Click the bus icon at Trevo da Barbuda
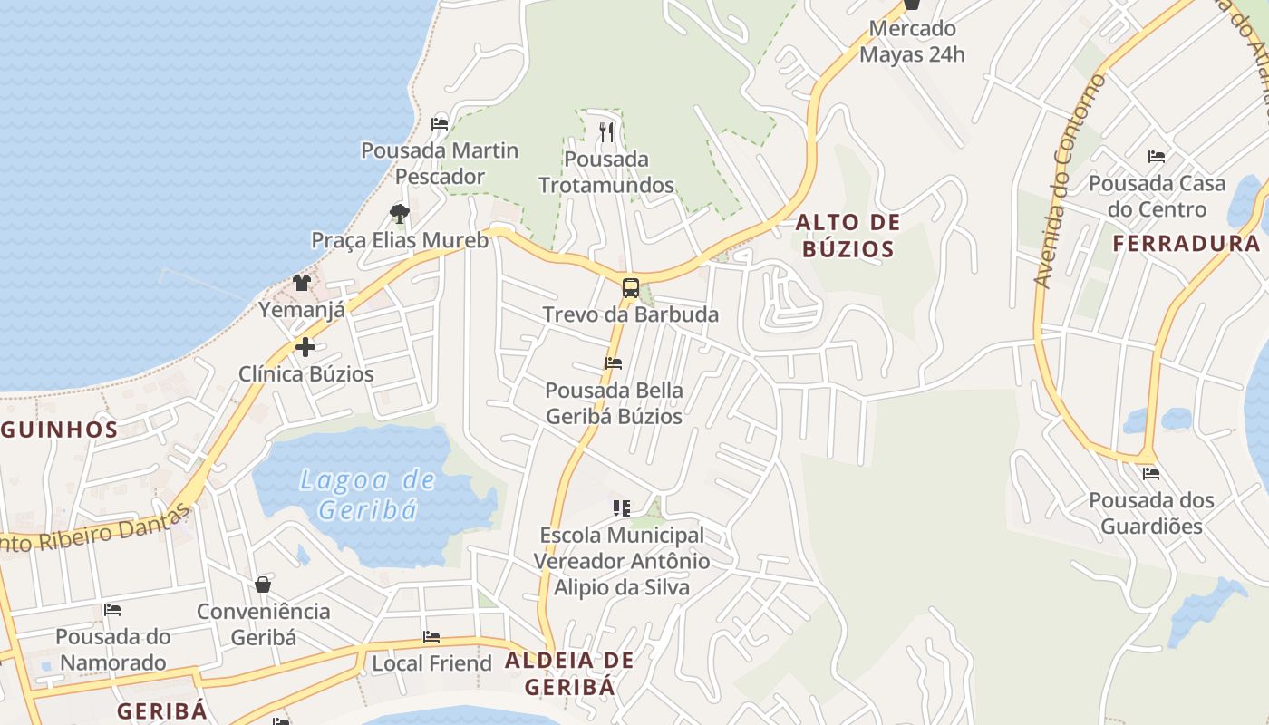point(631,289)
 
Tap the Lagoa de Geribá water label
point(368,494)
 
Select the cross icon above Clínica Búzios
point(305,346)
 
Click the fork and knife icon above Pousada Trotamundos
point(606,132)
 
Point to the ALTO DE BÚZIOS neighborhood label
point(848,236)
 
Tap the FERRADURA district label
point(1186,244)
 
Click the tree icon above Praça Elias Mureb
point(399,214)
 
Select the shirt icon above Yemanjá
point(302,283)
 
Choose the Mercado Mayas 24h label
point(912,42)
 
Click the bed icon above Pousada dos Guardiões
point(1151,473)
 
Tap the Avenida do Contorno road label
point(1070,181)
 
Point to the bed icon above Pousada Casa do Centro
point(1157,157)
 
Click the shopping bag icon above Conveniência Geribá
point(263,585)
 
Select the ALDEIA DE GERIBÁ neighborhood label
point(569,673)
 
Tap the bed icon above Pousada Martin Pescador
point(440,123)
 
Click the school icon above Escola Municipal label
point(621,508)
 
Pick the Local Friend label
point(431,663)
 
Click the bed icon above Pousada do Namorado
point(112,610)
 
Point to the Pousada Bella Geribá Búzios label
point(614,403)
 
